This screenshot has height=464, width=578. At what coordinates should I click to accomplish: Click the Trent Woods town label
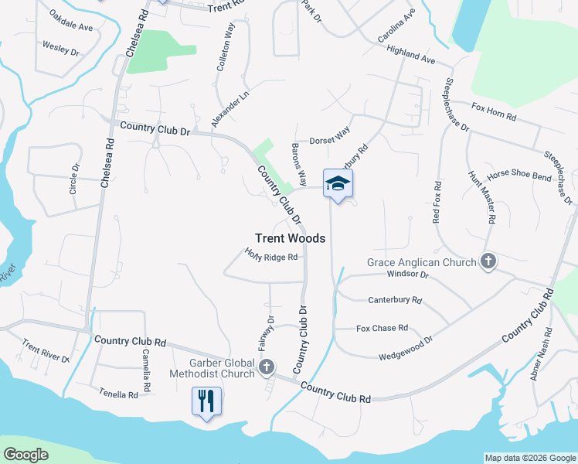click(290, 239)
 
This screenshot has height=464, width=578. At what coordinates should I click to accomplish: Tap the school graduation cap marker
click(338, 183)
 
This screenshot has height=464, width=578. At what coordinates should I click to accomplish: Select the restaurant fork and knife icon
click(206, 400)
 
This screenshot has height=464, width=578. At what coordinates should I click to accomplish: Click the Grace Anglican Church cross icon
click(488, 262)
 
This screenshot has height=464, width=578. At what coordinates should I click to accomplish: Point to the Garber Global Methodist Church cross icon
click(267, 366)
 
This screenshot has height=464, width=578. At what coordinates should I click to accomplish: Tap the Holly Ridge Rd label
click(271, 256)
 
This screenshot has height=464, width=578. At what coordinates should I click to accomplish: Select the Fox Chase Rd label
click(382, 328)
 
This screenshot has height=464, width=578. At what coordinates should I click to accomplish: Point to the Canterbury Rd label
click(395, 299)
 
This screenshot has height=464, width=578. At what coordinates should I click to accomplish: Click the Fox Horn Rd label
click(493, 114)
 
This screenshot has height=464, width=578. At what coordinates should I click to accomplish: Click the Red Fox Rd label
click(437, 203)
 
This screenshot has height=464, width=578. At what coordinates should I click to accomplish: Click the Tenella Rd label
click(118, 394)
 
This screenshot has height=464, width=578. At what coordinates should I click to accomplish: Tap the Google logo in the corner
click(26, 455)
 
